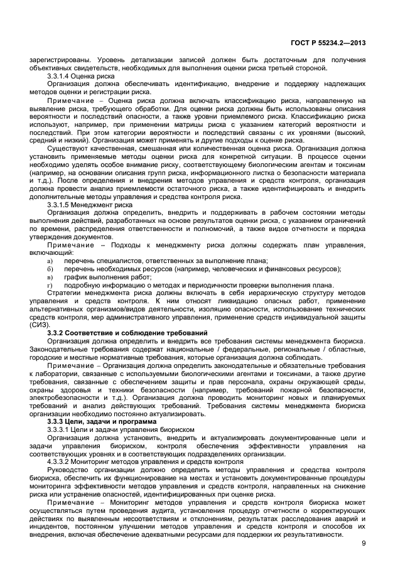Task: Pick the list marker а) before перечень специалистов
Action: pos(50,261)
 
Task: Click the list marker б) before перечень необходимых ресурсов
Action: pos(50,269)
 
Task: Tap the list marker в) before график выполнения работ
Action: pos(50,277)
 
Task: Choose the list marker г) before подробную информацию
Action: pos(50,285)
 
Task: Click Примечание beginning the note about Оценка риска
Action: pos(70,100)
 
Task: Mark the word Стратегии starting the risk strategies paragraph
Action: pos(65,292)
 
